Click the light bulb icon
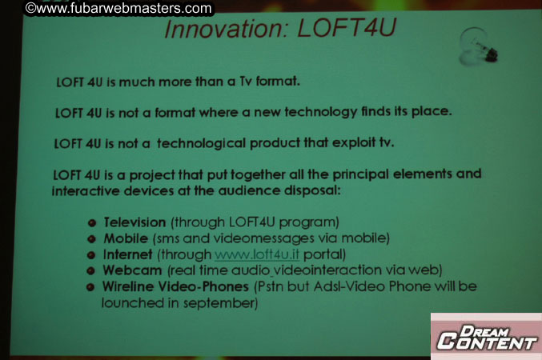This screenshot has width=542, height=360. tap(477, 45)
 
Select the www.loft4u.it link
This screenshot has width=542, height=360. tap(254, 254)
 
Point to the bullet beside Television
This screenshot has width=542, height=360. tap(93, 222)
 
